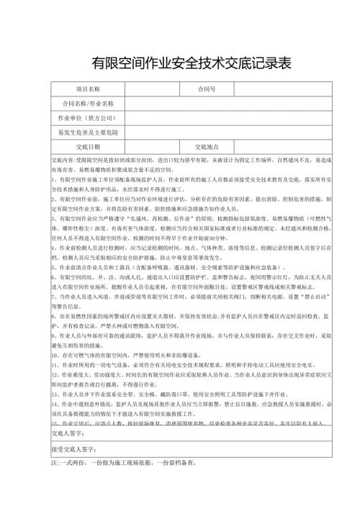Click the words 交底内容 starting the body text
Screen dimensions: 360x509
64,158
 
